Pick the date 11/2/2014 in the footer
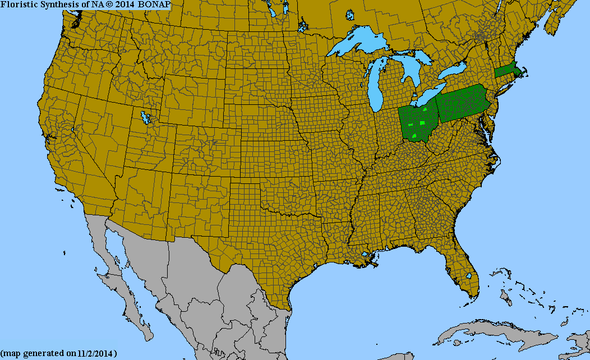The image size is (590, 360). (96, 354)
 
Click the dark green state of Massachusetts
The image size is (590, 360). (508, 72)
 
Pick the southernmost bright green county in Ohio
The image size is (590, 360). (414, 135)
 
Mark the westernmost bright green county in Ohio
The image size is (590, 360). (411, 123)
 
